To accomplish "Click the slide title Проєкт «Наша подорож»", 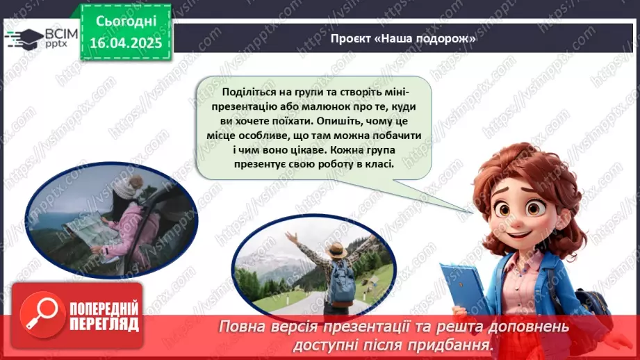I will (403, 39).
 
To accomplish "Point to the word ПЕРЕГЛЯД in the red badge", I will (104, 324).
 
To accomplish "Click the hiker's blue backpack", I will (342, 286).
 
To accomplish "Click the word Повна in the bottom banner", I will (240, 327).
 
